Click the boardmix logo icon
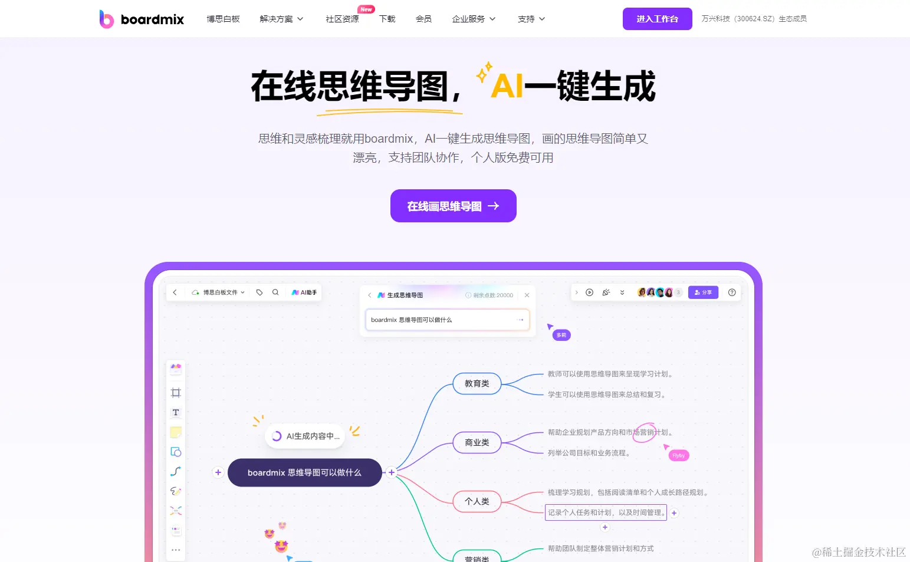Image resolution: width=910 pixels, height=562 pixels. pos(106,19)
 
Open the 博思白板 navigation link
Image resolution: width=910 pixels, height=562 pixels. pos(223,19)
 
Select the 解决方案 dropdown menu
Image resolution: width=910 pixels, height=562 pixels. pos(281,19)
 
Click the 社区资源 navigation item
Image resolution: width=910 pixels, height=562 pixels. pos(342,19)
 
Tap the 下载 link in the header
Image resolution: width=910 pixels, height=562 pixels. pos(387,19)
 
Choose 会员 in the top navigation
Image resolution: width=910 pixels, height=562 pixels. pos(423,19)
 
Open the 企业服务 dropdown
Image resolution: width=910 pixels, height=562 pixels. pos(474,19)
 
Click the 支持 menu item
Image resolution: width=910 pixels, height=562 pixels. pos(531,19)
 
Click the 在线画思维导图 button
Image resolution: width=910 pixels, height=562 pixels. pos(453,206)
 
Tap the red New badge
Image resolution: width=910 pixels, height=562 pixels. pos(366,9)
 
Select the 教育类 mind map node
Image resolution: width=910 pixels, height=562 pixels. pos(477,383)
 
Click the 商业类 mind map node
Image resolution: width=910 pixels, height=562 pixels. pos(477,442)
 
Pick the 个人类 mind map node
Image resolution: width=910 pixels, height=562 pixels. pos(477,501)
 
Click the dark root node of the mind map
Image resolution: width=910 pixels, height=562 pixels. pos(304,472)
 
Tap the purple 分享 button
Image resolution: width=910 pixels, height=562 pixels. pos(703,292)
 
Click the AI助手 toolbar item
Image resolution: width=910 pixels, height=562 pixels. pos(304,292)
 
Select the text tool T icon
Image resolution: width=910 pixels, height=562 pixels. pos(176,412)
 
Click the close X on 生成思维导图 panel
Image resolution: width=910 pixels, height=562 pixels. pos(527,295)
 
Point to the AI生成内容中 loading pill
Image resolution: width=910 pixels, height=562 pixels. pos(305,436)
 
